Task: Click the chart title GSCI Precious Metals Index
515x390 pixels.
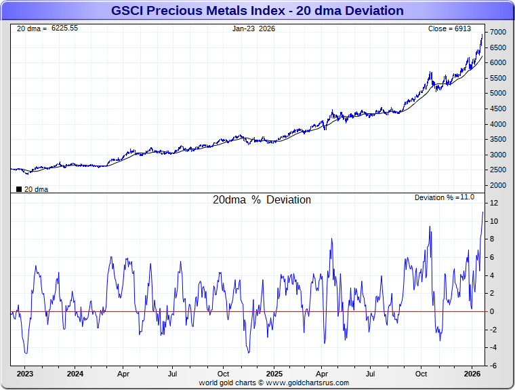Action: [257, 11]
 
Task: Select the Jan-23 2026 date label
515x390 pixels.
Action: [253, 28]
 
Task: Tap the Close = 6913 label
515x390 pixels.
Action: [449, 28]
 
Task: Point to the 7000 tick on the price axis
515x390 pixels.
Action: [498, 33]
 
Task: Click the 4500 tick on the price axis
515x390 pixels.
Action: [498, 109]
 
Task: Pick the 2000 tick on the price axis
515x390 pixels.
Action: [498, 185]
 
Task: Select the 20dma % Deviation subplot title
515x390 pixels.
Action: [262, 200]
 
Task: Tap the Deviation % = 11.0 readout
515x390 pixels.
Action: [445, 197]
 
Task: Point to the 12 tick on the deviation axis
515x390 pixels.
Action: [495, 203]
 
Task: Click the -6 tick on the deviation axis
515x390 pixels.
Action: [495, 366]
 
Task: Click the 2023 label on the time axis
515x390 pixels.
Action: [25, 374]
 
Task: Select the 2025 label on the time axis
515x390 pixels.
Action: [274, 374]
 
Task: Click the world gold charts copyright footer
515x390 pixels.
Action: [274, 383]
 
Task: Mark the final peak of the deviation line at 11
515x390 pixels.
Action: [482, 212]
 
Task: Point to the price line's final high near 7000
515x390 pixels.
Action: [482, 35]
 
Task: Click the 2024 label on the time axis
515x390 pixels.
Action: [75, 374]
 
